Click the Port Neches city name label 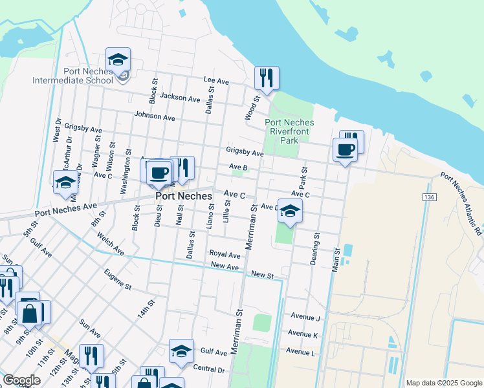pos(183,196)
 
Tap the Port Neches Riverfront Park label pos(289,131)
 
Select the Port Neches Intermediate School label pos(74,76)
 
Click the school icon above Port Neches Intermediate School pos(118,59)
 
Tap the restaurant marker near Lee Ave pos(267,78)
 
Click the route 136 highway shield pos(428,197)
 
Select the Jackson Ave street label pos(181,98)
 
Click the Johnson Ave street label pos(155,117)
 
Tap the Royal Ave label pos(225,254)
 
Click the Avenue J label pos(305,318)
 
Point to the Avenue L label pos(300,352)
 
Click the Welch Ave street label pos(110,245)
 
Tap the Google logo pos(21,380)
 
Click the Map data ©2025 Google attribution pos(443,383)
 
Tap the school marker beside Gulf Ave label pos(181,351)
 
